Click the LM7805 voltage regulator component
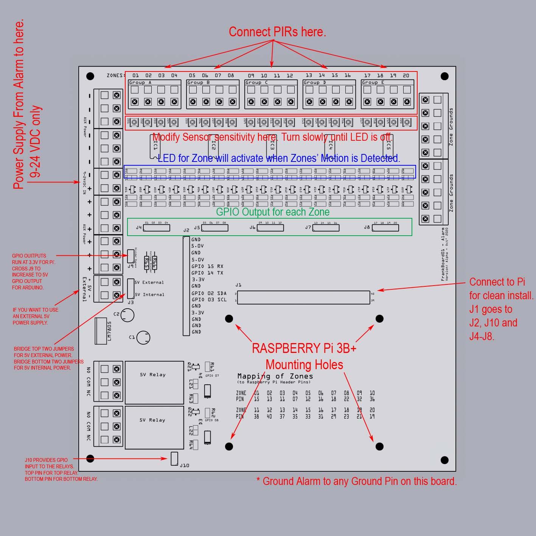click(101, 330)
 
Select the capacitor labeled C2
click(128, 315)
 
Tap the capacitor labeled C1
click(143, 338)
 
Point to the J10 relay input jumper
click(174, 458)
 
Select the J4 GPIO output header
click(156, 228)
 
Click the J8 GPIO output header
click(385, 228)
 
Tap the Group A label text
click(140, 82)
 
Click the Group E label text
click(373, 82)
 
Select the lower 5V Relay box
click(154, 427)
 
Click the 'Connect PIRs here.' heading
click(277, 32)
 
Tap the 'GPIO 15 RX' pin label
click(207, 266)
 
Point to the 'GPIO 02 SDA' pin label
click(209, 293)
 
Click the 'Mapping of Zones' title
click(275, 376)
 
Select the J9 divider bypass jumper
click(131, 256)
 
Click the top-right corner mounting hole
click(444, 76)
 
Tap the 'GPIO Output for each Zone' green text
click(273, 212)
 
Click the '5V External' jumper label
click(149, 282)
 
